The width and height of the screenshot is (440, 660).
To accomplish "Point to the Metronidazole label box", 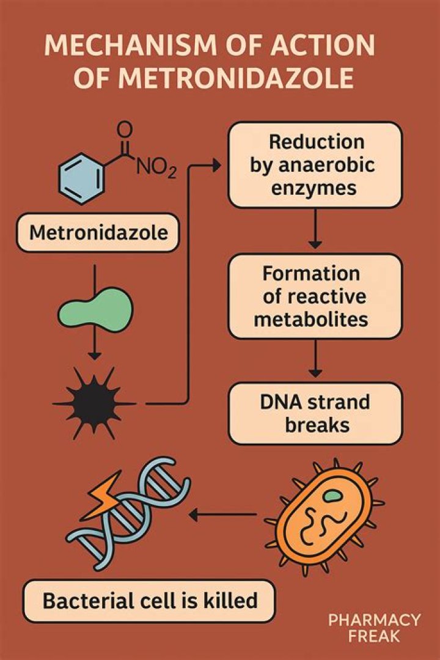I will tap(97, 233).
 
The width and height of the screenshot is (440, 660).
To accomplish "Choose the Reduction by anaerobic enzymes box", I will tap(315, 164).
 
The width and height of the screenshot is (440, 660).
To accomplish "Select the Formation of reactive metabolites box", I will tap(315, 296).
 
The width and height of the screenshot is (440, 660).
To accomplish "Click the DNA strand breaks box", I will tap(315, 413).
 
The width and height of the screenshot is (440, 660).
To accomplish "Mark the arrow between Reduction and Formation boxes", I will tap(315, 229).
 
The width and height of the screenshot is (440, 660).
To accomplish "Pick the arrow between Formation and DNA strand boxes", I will tap(315, 360).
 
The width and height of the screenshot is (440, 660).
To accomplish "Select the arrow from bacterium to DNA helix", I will tap(223, 515).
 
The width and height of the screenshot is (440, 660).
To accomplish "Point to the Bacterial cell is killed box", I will tap(150, 600).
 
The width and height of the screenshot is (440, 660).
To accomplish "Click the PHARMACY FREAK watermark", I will tap(374, 628).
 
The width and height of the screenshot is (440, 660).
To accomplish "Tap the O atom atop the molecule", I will tap(125, 129).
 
